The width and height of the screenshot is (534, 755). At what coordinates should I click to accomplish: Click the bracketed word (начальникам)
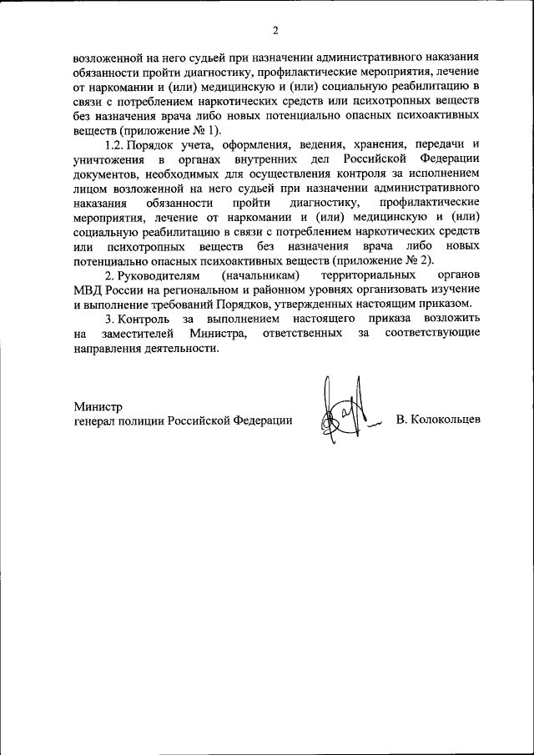click(x=259, y=275)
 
